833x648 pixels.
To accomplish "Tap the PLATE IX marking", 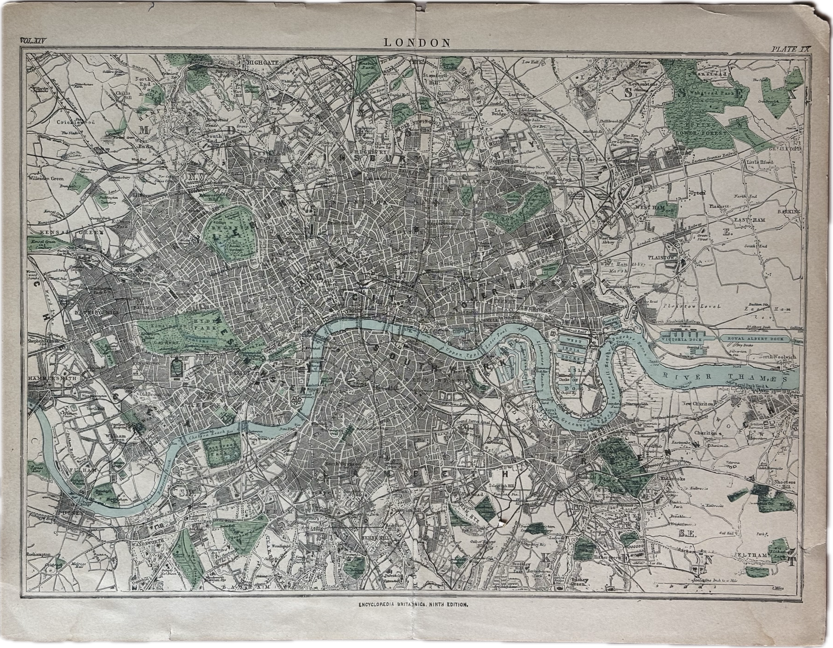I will tap(780, 49).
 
